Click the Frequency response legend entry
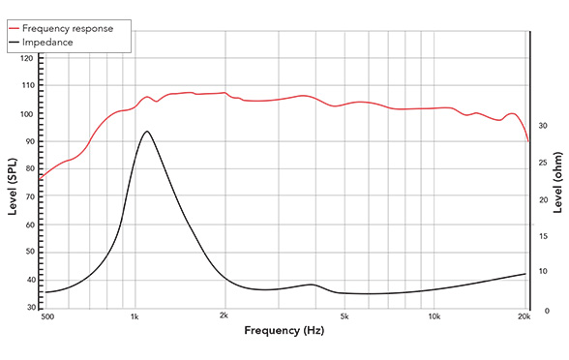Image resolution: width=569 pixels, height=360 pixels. click(72, 28)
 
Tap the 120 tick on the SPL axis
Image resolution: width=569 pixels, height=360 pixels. click(27, 59)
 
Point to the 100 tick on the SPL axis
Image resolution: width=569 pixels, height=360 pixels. click(27, 114)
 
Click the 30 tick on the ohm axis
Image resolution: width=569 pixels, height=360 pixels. click(544, 126)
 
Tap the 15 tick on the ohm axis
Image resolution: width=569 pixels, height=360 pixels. click(544, 235)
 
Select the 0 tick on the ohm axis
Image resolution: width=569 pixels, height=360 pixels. click(544, 310)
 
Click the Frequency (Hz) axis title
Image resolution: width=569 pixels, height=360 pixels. click(284, 332)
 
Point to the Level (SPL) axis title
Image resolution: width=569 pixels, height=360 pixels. click(11, 184)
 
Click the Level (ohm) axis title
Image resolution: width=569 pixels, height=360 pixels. click(558, 184)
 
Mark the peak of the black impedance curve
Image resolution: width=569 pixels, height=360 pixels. click(146, 131)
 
